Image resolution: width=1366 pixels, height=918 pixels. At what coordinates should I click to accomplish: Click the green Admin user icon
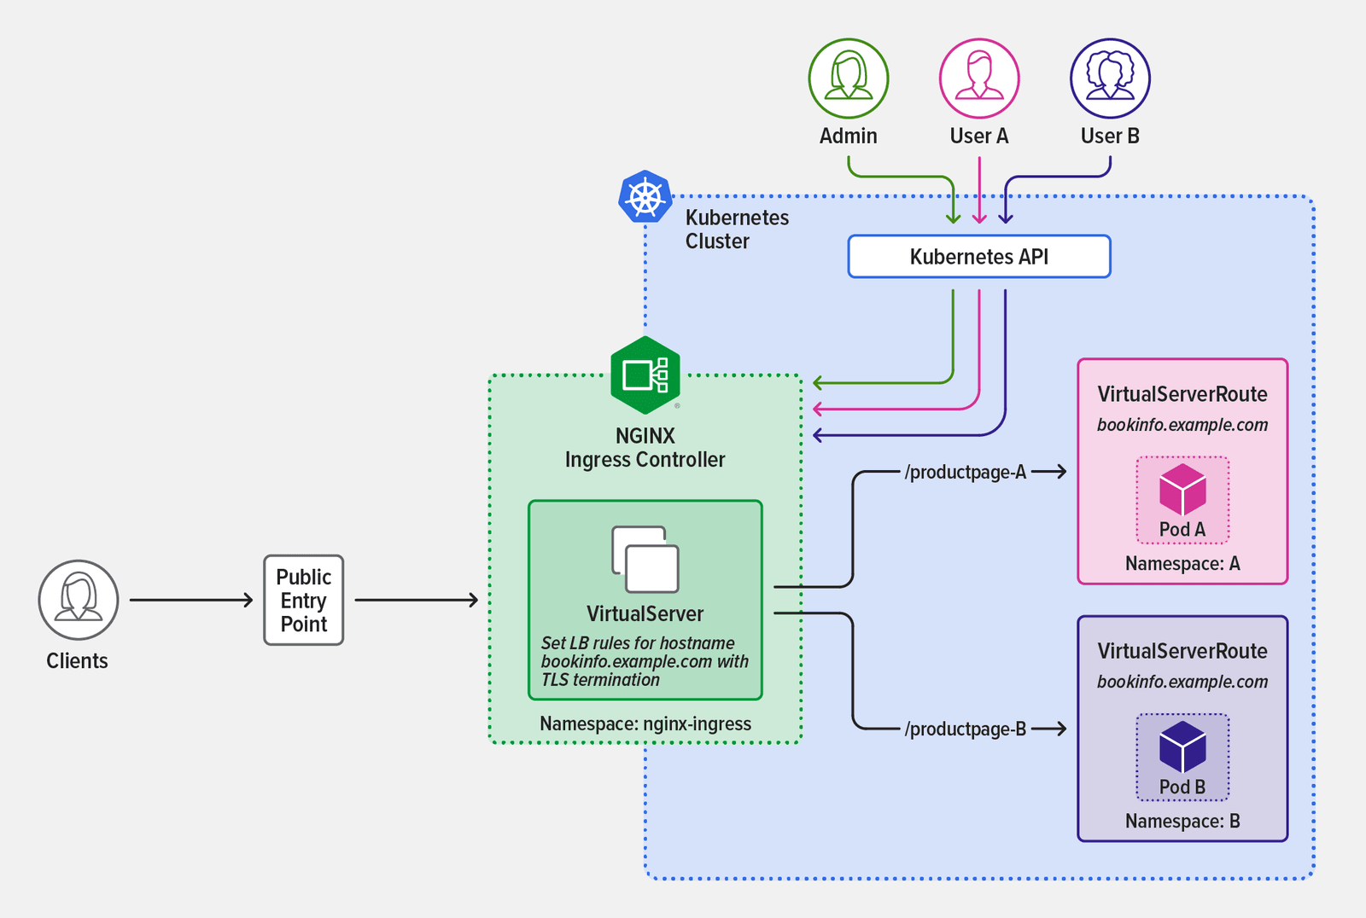849,78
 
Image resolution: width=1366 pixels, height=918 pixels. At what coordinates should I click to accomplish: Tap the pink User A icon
979,78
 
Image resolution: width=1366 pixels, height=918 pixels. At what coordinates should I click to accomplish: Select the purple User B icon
1110,78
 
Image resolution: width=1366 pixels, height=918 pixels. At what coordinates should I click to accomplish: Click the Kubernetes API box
979,257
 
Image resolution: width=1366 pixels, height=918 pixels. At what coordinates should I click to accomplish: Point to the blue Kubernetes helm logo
645,197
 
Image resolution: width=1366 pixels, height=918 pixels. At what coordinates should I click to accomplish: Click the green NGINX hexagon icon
645,375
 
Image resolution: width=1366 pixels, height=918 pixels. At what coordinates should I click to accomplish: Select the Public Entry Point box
304,601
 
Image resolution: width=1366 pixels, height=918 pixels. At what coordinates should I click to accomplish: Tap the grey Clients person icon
79,600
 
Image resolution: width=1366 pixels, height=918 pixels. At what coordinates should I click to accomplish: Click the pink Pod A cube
1182,490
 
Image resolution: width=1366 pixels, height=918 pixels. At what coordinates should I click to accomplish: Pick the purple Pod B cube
1182,747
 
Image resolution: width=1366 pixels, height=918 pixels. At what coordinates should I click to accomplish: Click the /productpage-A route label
966,472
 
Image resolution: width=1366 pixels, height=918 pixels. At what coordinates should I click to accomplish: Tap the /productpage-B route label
966,729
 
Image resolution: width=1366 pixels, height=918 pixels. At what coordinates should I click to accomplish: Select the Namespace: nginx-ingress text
645,723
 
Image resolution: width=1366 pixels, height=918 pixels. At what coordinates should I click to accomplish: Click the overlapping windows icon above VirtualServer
645,560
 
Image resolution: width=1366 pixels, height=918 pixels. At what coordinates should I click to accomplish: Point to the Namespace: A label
1182,564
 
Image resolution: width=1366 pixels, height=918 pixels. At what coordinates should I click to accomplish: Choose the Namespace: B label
1182,822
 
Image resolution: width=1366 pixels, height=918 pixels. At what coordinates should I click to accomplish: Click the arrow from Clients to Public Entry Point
191,601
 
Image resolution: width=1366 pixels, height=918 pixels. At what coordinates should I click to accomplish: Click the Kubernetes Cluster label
737,229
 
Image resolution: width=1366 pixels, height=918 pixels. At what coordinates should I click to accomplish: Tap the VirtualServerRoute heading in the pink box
1182,394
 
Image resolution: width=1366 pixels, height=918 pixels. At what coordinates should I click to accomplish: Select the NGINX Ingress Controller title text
645,448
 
